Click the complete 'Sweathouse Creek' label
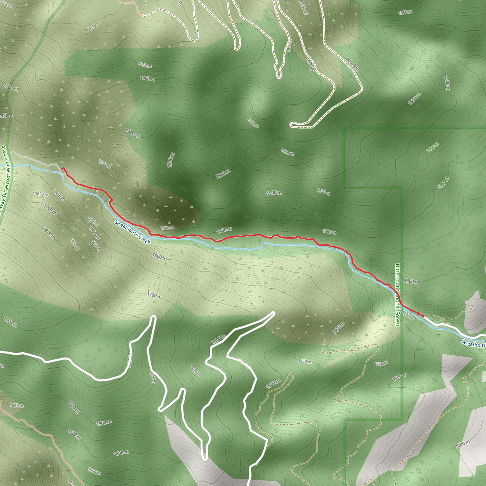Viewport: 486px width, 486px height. pos(132,232)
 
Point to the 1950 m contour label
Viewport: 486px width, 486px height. pos(145,65)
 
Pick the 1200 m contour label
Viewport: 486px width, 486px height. pos(462,444)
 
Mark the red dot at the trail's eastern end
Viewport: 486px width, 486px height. pos(423,316)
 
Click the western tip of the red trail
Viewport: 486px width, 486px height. pos(63,168)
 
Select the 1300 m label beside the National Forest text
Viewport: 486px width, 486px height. pos(411,281)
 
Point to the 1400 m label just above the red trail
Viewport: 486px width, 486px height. pos(224,230)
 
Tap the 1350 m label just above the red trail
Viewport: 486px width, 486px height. pos(329,231)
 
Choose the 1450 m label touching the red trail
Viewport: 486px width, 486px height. pos(167,228)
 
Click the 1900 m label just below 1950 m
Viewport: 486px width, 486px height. pos(148,79)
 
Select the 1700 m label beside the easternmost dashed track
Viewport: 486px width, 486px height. pos(353,65)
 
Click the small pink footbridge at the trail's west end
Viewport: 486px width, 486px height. pos(63,173)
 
